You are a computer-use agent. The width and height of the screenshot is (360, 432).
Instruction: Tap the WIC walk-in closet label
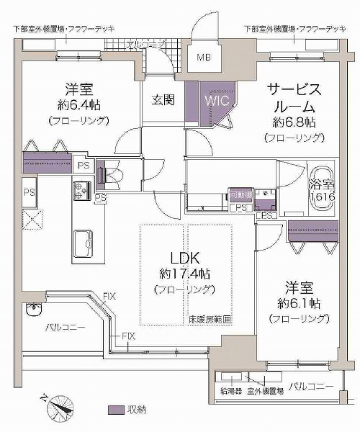tap(217, 101)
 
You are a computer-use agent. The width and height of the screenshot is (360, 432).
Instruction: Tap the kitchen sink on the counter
tap(82, 242)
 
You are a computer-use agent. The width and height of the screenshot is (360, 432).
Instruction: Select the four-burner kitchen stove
tap(80, 190)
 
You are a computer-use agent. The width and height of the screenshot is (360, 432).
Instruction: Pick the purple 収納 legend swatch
tap(114, 410)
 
